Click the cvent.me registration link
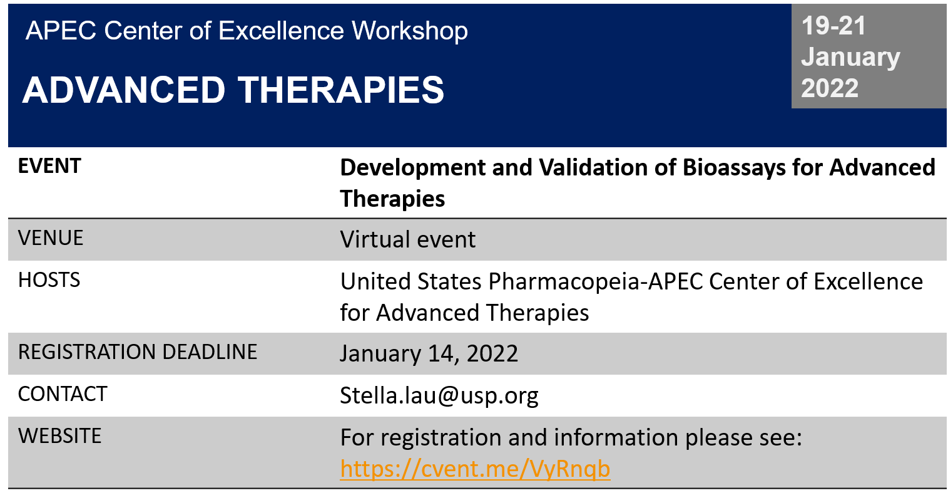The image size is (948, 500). point(475,469)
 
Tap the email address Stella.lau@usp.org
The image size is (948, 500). point(439,395)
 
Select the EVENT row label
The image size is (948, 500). point(49,165)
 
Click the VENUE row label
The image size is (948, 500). point(50,237)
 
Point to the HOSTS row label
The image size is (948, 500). point(49,279)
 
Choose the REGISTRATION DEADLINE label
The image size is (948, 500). point(138,352)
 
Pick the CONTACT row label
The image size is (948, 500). point(62,393)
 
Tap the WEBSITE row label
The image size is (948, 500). point(59,435)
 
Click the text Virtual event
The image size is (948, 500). point(407,239)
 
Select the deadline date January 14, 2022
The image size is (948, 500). point(429,353)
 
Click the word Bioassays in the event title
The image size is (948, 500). point(734,168)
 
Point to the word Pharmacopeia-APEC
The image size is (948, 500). point(596,281)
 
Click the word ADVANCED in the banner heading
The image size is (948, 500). point(123,90)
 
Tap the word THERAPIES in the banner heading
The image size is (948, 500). point(341,90)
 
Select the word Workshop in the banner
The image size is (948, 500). point(410,31)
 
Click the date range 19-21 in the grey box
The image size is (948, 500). point(833,26)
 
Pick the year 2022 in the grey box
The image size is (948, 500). point(830,88)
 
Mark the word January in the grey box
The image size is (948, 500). point(850,57)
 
